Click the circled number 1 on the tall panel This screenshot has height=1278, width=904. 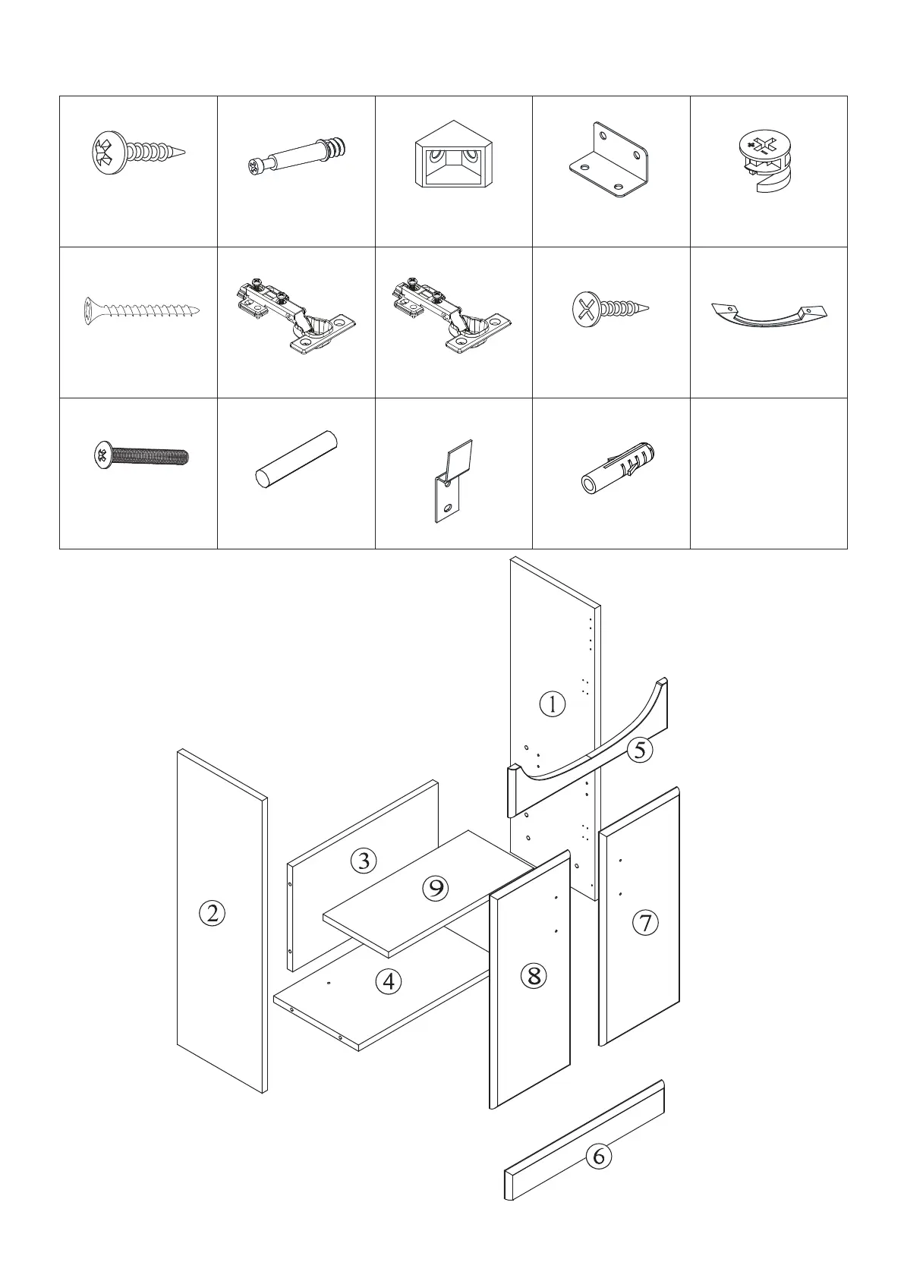[553, 704]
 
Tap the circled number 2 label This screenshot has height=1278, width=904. [213, 912]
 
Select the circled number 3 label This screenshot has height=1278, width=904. [364, 861]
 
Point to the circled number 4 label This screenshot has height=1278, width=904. [389, 982]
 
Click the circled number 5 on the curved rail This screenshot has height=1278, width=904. [640, 751]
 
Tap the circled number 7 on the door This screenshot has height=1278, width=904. [645, 923]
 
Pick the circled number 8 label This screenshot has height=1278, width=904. [534, 975]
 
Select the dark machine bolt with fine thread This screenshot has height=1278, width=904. [141, 456]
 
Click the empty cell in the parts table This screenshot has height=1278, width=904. [768, 473]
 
